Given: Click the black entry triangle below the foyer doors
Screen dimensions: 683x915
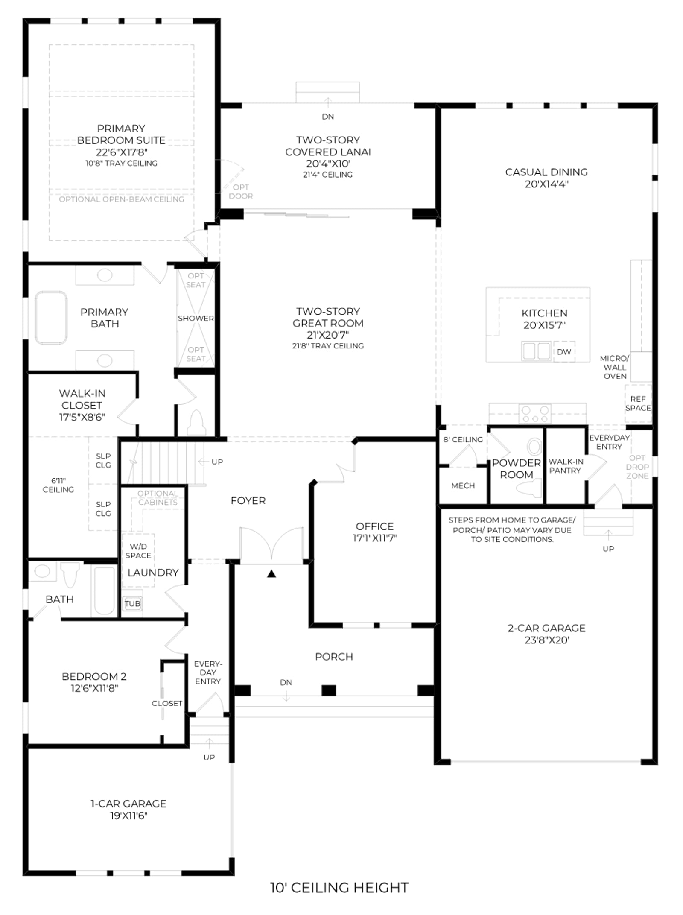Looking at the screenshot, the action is point(271,574).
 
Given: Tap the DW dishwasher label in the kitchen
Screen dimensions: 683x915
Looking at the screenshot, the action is point(564,352).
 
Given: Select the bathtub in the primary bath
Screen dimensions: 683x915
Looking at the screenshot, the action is point(51,318).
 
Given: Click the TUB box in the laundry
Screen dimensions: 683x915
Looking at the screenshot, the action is point(132,603).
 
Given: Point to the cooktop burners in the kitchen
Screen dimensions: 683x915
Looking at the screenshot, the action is point(535,413).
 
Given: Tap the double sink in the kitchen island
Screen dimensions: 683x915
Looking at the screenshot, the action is point(536,351).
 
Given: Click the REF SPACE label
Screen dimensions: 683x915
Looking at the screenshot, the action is point(638,403).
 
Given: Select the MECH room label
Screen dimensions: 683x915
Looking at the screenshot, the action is point(463,485).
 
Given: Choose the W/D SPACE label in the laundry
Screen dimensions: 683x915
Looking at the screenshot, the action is point(138,551).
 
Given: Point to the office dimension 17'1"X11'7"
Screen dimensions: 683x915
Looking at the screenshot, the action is point(375,538).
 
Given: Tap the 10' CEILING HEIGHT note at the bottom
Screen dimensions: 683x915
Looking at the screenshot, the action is point(339,888).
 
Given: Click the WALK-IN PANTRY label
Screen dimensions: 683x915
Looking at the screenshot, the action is point(566,466).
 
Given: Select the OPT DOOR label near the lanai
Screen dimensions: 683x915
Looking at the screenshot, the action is point(241,192).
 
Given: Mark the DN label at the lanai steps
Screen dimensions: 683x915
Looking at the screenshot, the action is point(328,117).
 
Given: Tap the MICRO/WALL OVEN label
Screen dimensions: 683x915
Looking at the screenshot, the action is point(615,367).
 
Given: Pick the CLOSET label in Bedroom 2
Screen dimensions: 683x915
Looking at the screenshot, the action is point(167,703).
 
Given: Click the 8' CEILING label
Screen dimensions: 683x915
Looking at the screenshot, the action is point(463,439).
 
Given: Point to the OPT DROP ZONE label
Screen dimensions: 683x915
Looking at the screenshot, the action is point(637,467).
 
